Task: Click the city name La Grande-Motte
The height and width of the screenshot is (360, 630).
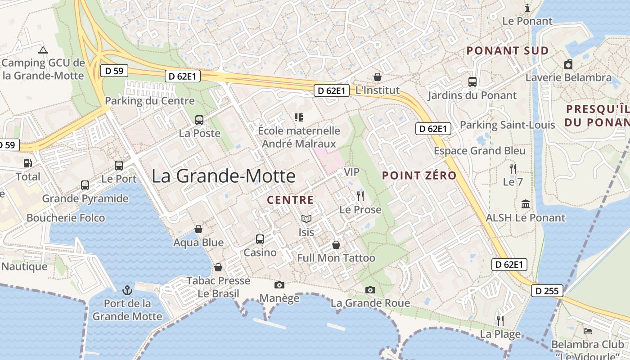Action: coord(223,176)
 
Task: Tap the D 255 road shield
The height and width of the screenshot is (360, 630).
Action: coord(547,291)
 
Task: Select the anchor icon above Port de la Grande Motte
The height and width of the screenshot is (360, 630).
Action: coord(127,289)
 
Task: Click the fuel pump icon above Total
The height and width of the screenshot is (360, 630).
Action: coord(28,163)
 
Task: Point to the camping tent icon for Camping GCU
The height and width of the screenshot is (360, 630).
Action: coord(43,50)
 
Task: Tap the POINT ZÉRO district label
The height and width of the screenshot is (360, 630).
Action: coord(419,175)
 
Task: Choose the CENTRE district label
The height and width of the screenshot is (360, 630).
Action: coord(290,199)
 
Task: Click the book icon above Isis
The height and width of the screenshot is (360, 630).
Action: coord(306,219)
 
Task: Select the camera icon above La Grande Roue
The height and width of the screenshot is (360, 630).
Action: coord(370,290)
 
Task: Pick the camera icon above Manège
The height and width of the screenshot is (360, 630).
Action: coord(279,285)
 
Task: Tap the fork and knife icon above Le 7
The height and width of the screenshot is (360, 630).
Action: coord(513,169)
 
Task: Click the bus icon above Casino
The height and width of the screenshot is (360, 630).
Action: coord(260,239)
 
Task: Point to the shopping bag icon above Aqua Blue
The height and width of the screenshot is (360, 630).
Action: coord(198,229)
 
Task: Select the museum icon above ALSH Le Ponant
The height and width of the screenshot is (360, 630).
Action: coord(525,204)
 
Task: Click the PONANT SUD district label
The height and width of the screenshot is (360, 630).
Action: coord(508,50)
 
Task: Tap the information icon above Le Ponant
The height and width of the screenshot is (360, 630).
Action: coord(528,8)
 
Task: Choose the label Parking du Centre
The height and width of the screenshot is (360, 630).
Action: coord(150,101)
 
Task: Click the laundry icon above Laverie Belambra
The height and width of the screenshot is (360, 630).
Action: coord(568,64)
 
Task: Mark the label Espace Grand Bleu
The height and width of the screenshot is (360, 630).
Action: coord(480,151)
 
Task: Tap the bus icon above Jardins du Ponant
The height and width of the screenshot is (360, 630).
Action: coord(472,82)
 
